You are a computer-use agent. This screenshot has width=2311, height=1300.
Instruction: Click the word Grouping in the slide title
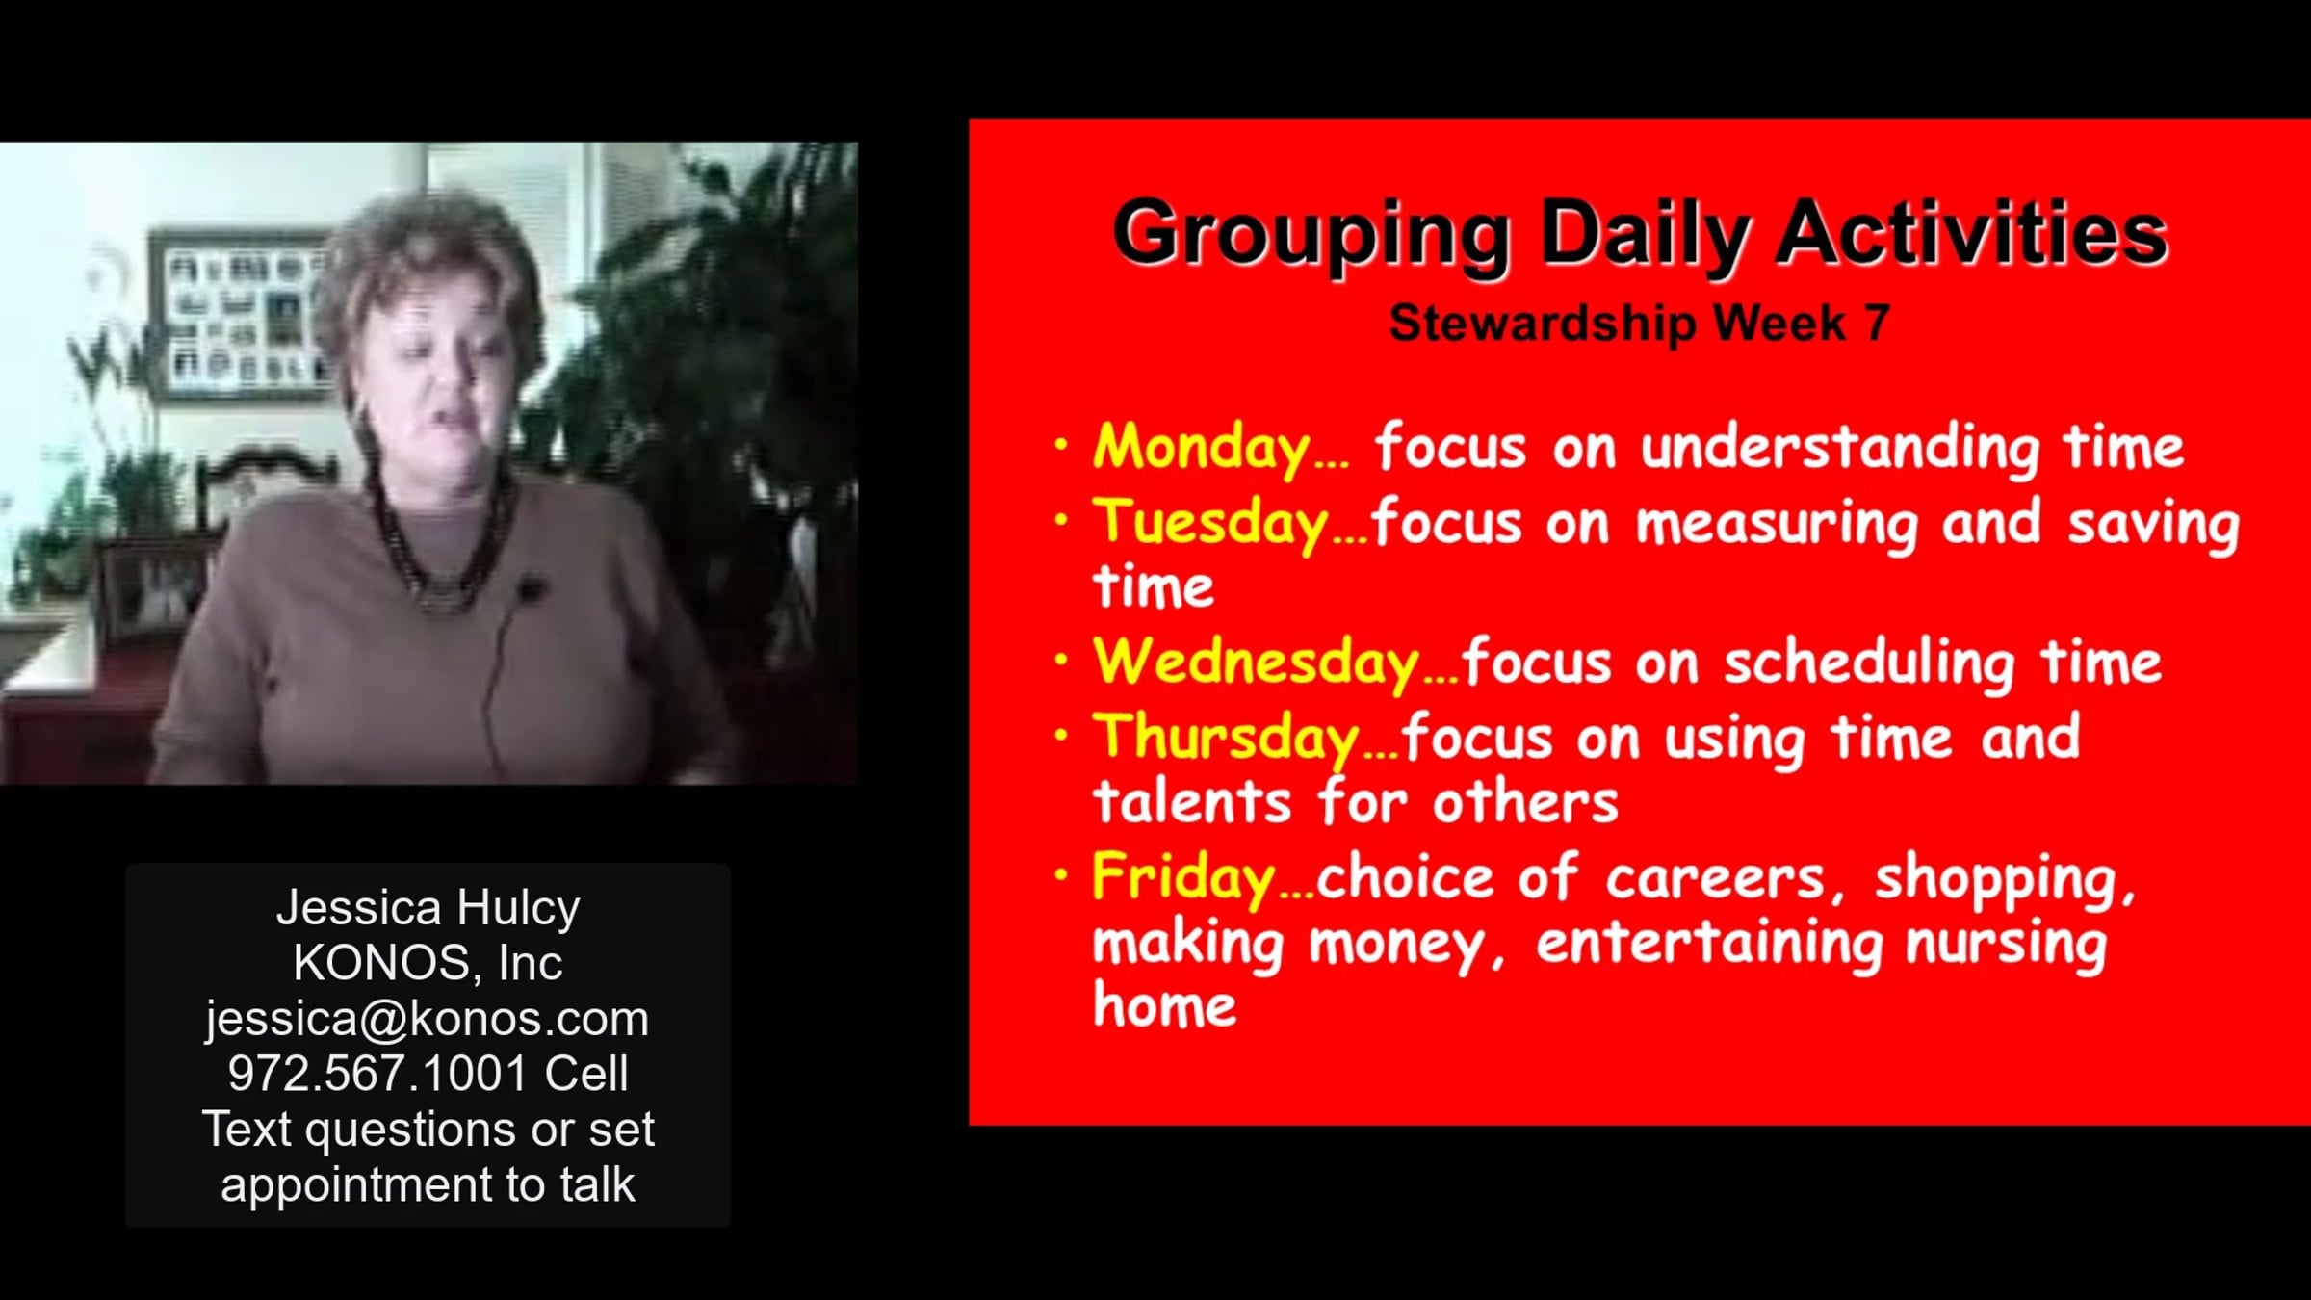point(1311,235)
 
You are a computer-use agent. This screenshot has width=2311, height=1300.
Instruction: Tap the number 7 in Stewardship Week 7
point(1877,323)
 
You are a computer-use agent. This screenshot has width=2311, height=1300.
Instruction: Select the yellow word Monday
point(1201,448)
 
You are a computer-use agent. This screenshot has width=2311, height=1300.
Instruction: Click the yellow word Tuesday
point(1210,523)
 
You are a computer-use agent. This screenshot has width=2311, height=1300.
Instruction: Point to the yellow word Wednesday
point(1256,662)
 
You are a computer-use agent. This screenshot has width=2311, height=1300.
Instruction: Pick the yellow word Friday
point(1183,878)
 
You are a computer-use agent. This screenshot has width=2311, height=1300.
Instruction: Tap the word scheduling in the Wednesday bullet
point(1869,663)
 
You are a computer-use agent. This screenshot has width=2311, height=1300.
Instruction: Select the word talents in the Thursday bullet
point(1191,801)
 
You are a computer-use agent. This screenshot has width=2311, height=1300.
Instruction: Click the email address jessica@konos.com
point(428,1019)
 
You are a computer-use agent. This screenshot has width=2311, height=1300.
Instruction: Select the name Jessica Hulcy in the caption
point(428,908)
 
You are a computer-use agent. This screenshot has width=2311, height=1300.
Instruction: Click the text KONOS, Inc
point(428,963)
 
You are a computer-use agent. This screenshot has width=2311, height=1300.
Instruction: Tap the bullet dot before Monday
point(1061,445)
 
